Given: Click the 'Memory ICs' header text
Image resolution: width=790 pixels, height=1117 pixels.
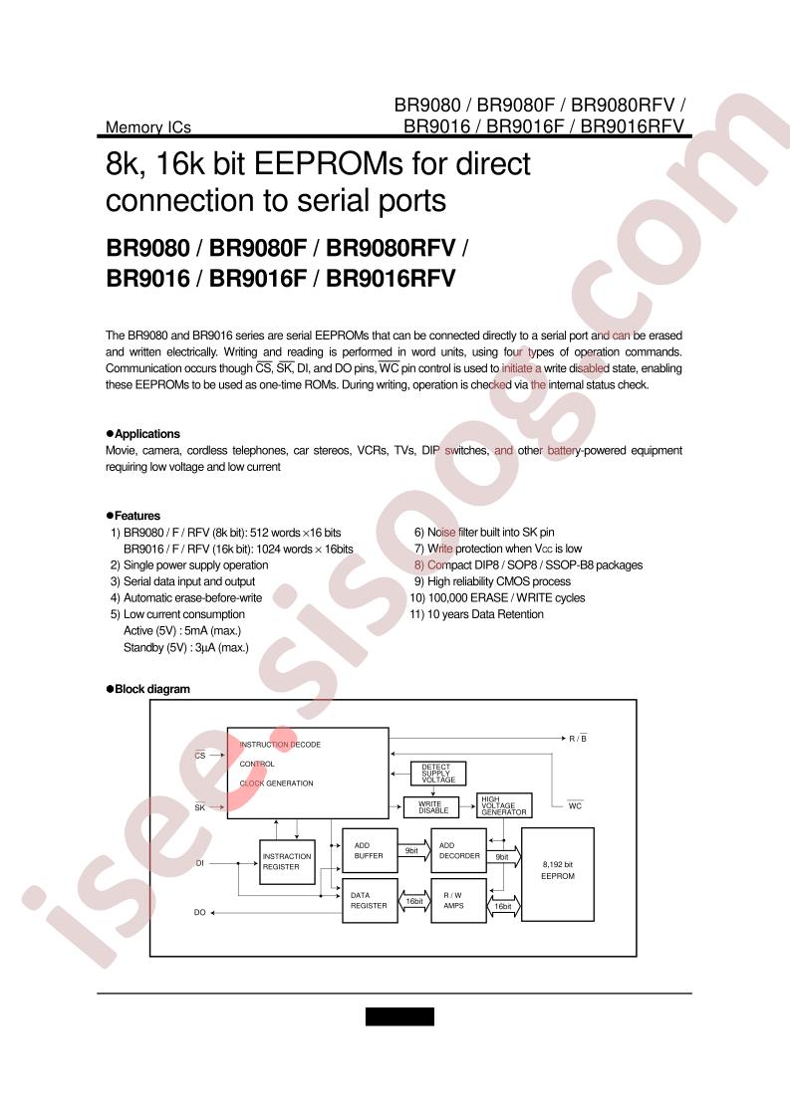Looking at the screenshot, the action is (x=148, y=127).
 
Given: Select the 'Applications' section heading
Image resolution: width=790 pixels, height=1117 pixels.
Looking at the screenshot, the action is (x=146, y=434).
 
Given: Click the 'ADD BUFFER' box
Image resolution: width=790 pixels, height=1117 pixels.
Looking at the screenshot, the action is (x=370, y=850).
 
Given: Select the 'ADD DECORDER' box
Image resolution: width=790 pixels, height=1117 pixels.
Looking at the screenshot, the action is (x=459, y=850).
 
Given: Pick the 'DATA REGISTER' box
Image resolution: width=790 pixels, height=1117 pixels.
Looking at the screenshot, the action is (x=370, y=900).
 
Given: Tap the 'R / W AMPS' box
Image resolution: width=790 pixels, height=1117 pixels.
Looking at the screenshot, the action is (x=459, y=900).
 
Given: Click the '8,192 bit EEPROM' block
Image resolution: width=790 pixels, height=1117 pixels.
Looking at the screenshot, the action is (x=558, y=875).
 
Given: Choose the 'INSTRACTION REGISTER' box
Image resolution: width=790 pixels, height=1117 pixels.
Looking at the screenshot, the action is (x=287, y=862).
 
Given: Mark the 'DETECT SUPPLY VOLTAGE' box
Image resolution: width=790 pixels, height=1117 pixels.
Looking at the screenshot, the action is (x=438, y=774).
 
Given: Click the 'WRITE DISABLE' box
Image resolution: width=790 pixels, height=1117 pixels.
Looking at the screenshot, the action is (x=433, y=807).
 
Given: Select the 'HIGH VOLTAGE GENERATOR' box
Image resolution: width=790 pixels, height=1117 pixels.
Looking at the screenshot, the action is (x=504, y=805).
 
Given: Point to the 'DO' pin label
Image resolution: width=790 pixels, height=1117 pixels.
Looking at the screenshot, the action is (x=199, y=913).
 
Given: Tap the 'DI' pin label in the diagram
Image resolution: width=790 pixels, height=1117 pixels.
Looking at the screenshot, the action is (x=199, y=863).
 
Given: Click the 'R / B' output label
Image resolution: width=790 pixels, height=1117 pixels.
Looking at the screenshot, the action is (x=578, y=739).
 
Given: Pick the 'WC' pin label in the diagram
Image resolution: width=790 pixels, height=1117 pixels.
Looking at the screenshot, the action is (x=576, y=805).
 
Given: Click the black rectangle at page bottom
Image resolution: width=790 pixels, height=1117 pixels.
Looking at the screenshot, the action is (x=400, y=1016).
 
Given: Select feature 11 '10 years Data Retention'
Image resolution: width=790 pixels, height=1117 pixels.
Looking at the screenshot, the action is (x=476, y=614).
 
